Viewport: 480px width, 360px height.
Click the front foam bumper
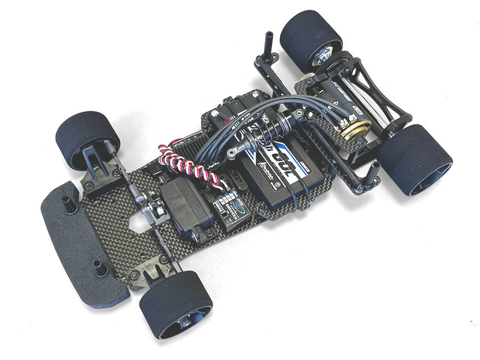tap(80, 245)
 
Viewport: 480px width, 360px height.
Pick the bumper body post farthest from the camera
tap(69, 203)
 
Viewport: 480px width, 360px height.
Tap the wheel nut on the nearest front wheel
tap(185, 322)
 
